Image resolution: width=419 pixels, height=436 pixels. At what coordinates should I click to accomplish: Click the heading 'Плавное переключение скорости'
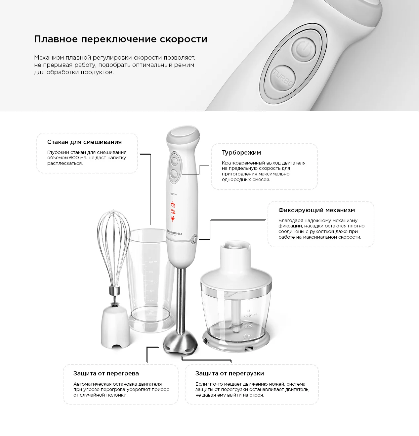coord(121,39)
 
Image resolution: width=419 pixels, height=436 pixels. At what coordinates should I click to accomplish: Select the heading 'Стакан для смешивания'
coord(84,142)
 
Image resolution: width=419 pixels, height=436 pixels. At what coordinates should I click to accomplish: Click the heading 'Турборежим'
coord(241,153)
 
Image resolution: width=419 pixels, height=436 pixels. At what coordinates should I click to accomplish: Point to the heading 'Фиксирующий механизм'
coord(316,210)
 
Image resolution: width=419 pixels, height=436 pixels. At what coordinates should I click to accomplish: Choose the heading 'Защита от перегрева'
coord(106,373)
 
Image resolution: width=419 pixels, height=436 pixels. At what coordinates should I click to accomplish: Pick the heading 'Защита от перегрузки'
coord(230,373)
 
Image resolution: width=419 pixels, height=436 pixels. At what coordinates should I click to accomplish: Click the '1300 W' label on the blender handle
coord(173,194)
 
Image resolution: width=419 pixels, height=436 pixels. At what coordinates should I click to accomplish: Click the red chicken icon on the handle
coord(173,219)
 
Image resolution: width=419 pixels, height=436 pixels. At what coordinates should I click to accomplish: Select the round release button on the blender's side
coord(194,239)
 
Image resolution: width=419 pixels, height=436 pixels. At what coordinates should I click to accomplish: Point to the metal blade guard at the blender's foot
coord(181,343)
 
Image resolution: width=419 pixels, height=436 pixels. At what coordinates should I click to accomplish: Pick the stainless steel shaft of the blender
coord(182,301)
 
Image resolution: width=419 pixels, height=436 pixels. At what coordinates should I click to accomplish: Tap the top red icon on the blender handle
coord(173,205)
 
